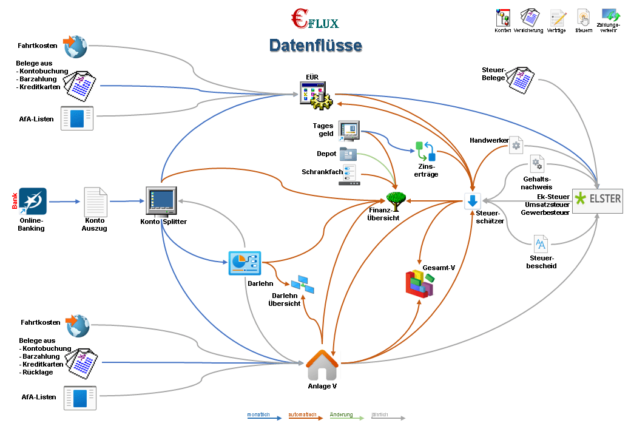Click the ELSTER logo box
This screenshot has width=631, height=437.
tap(598, 200)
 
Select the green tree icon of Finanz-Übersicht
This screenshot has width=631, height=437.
tap(396, 201)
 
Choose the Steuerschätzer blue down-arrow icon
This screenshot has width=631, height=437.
tap(473, 201)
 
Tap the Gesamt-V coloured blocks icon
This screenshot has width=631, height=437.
tap(419, 285)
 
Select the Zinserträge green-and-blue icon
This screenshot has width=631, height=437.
tap(425, 151)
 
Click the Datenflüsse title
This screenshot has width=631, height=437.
tap(315, 46)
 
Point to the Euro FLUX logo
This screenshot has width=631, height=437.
tap(314, 20)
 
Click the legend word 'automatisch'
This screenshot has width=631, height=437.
tap(302, 415)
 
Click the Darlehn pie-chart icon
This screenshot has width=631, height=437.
tap(244, 262)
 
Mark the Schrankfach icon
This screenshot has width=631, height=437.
tap(348, 174)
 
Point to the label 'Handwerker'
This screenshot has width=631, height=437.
tap(489, 141)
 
